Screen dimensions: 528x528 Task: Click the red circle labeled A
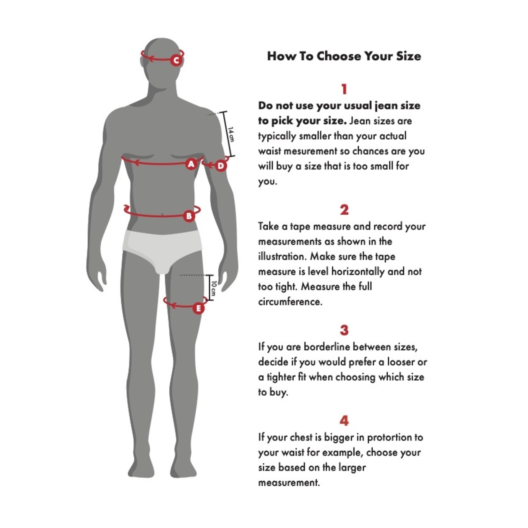coord(191,164)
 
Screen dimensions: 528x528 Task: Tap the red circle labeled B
coord(189,216)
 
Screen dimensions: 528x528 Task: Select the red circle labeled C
coord(176,60)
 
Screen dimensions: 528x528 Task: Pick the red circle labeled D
coord(221,166)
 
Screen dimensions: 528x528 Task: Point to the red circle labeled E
coord(198,308)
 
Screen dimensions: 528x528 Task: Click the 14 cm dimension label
coord(231,134)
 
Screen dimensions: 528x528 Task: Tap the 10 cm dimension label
coord(214,288)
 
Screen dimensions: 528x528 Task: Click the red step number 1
coord(344,89)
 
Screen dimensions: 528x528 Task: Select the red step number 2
coord(344,210)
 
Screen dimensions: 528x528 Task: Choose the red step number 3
coord(344,330)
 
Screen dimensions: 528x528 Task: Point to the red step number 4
coord(344,421)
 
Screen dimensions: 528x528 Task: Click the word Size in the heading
coord(408,56)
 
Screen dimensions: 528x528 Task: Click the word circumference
coord(290,302)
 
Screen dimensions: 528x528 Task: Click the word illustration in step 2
coord(282,256)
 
